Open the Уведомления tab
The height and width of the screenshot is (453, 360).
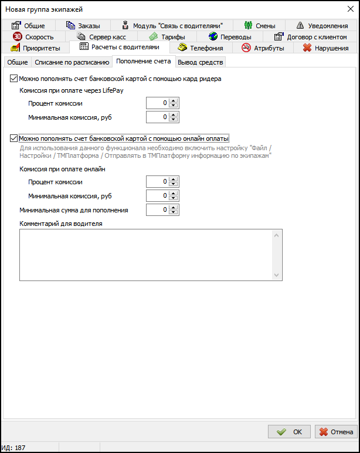pyautogui.click(x=322, y=26)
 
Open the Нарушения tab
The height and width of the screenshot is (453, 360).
pyautogui.click(x=324, y=48)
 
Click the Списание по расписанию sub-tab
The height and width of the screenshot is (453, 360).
pyautogui.click(x=72, y=62)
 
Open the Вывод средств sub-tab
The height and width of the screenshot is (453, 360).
pyautogui.click(x=200, y=62)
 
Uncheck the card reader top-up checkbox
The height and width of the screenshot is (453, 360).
pyautogui.click(x=14, y=78)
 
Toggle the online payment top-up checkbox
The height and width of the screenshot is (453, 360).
pyautogui.click(x=14, y=138)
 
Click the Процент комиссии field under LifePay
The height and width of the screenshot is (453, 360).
pyautogui.click(x=157, y=103)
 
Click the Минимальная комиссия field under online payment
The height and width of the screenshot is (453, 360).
pyautogui.click(x=157, y=195)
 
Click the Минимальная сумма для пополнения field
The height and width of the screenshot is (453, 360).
pyautogui.click(x=157, y=209)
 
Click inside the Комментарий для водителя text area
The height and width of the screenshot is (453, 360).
pyautogui.click(x=147, y=255)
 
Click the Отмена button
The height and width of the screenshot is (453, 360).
pyautogui.click(x=336, y=432)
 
